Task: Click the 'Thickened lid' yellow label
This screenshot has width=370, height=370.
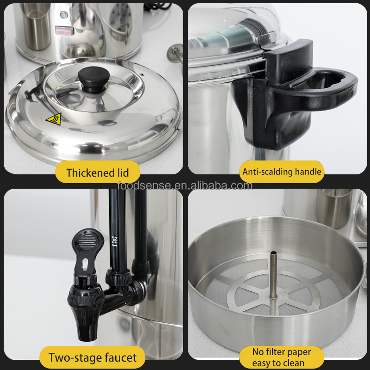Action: (97, 173)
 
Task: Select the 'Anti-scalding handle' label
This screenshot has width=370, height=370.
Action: (282, 172)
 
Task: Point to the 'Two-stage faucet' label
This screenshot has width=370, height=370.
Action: (93, 358)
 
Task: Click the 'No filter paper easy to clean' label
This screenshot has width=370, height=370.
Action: (282, 358)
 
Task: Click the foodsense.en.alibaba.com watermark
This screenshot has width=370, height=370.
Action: (185, 186)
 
